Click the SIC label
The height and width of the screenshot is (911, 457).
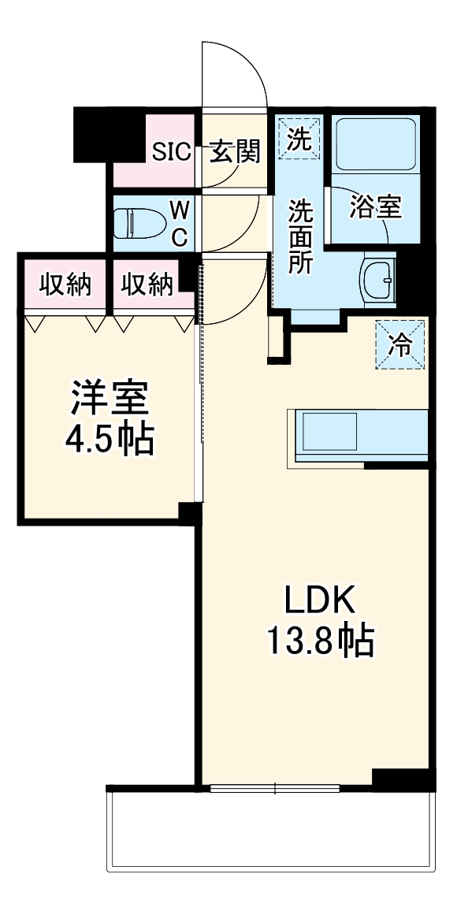[x=171, y=152]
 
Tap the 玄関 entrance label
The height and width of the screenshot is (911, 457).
[x=234, y=151]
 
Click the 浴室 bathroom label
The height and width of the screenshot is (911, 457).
[x=376, y=206]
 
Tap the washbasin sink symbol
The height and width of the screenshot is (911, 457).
[x=381, y=279]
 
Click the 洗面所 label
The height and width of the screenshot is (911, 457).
[x=299, y=236]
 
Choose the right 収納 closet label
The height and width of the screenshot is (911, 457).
[x=147, y=284]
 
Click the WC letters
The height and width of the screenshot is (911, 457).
[x=180, y=223]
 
